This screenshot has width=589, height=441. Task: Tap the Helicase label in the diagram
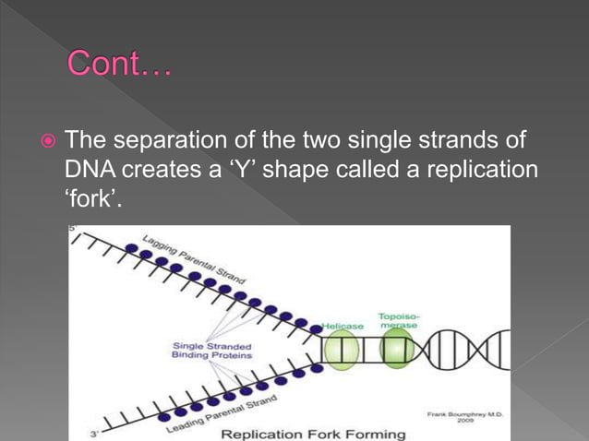pyautogui.click(x=343, y=326)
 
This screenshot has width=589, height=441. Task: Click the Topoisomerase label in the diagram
pyautogui.click(x=397, y=320)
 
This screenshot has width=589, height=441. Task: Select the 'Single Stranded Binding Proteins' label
pyautogui.click(x=211, y=351)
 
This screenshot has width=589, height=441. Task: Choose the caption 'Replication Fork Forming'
pyautogui.click(x=313, y=434)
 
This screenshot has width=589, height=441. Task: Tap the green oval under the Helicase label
pyautogui.click(x=341, y=355)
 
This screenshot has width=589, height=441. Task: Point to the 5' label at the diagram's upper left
pyautogui.click(x=74, y=229)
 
